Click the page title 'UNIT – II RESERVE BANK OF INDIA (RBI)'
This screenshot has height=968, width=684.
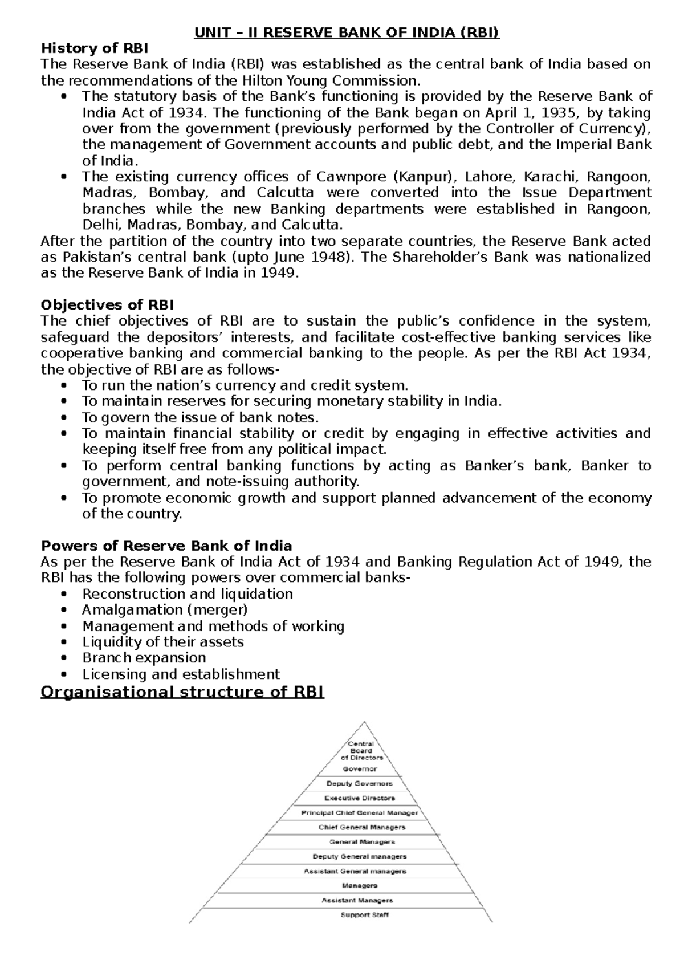[346, 33]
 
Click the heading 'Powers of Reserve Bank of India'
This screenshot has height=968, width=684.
[166, 546]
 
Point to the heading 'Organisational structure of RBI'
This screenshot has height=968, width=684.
[182, 692]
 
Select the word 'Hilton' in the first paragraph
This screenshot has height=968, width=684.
[257, 80]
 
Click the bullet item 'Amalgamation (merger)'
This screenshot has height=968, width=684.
[165, 609]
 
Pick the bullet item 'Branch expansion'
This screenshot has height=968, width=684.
[144, 657]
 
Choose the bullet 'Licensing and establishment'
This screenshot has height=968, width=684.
[181, 674]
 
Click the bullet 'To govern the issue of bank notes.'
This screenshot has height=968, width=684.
[200, 417]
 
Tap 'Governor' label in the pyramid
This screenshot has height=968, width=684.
[360, 769]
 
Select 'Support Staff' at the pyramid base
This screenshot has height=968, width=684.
[365, 915]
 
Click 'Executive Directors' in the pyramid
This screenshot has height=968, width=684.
[360, 798]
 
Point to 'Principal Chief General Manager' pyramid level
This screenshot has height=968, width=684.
[360, 813]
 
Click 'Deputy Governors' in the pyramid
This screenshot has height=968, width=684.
[360, 783]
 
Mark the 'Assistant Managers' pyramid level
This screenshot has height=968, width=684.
[357, 900]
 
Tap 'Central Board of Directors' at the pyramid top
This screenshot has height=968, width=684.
[361, 751]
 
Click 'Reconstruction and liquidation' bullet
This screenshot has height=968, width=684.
[188, 593]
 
